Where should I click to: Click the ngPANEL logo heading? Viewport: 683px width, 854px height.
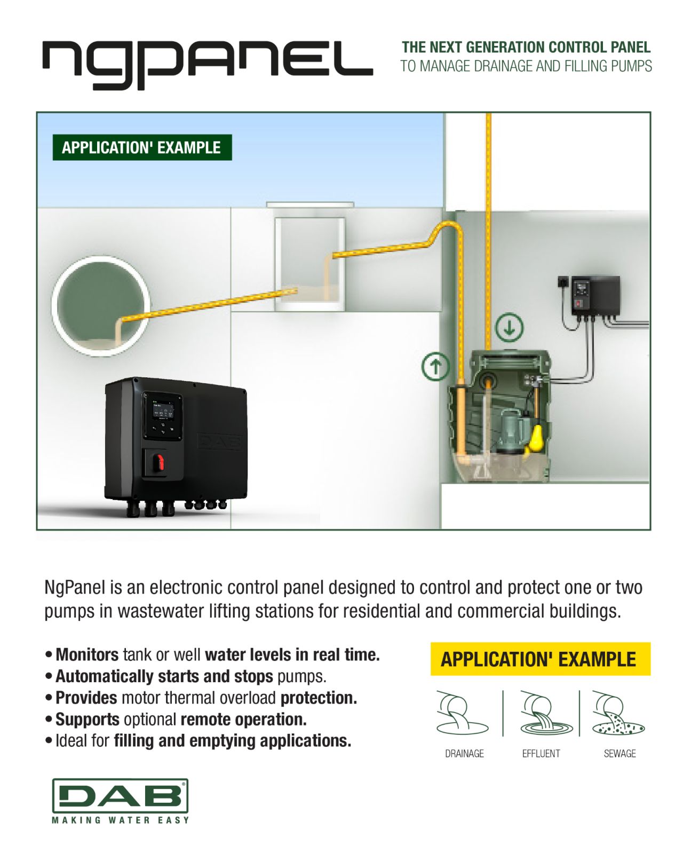207,64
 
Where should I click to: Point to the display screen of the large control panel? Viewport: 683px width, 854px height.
163,412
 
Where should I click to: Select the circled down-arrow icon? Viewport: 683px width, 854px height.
509,327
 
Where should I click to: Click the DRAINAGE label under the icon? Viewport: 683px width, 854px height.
464,753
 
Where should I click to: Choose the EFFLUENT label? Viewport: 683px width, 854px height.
541,753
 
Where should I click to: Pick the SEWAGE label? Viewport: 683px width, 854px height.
620,753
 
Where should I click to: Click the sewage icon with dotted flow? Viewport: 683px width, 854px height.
617,713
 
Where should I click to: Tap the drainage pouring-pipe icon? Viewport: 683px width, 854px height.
462,713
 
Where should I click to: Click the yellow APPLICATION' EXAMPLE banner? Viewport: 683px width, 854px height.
541,659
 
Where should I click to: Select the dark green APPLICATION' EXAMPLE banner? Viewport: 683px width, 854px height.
142,148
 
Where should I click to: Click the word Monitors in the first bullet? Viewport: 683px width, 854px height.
87,655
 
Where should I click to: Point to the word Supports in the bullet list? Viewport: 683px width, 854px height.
88,719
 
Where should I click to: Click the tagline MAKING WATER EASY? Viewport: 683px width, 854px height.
120,820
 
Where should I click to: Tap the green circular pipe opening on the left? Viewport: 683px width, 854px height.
101,306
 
